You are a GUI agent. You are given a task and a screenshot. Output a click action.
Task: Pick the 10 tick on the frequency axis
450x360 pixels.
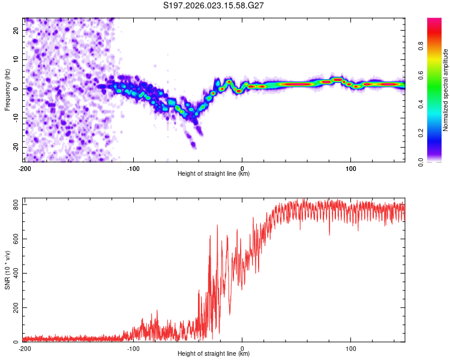[17, 59]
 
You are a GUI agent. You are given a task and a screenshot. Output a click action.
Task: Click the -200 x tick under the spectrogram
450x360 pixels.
[25, 168]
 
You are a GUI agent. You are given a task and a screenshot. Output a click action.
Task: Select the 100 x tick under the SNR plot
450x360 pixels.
[351, 348]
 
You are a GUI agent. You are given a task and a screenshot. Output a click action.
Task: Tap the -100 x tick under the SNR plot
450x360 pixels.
[133, 348]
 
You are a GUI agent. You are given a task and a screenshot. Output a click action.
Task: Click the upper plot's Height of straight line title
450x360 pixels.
[214, 174]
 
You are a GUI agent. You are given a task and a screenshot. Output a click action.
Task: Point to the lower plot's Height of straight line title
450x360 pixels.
[214, 354]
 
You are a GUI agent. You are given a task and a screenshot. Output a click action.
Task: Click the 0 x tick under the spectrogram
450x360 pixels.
[242, 168]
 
